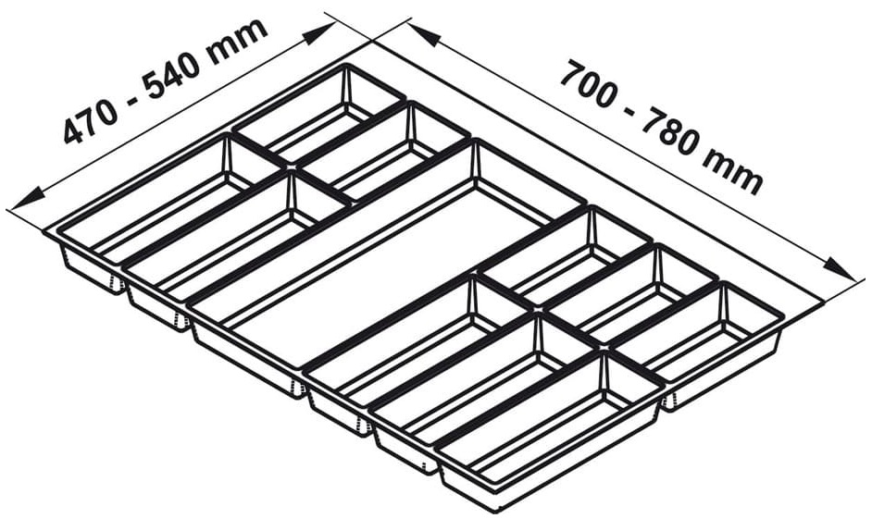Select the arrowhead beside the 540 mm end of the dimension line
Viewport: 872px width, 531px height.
pyautogui.click(x=319, y=34)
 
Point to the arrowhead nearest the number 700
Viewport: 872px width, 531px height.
pyautogui.click(x=425, y=38)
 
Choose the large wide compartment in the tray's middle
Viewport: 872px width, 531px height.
pyautogui.click(x=370, y=268)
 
